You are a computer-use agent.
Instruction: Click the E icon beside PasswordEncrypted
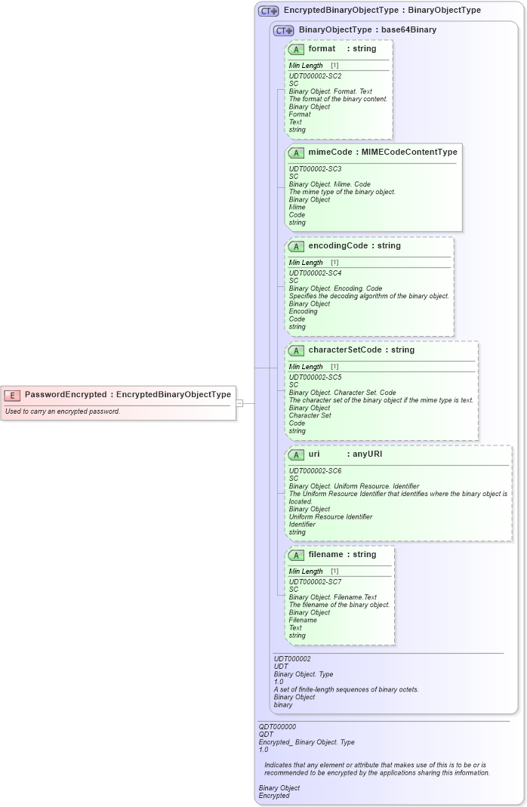click(x=12, y=394)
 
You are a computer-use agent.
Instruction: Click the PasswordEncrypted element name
click(x=65, y=394)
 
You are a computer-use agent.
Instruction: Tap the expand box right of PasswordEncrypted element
click(x=239, y=403)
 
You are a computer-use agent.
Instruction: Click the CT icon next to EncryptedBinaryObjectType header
click(x=268, y=11)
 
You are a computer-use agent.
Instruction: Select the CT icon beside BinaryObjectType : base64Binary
click(x=283, y=30)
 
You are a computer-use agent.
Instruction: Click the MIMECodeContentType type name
click(x=409, y=152)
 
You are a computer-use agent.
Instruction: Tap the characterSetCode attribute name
click(x=345, y=350)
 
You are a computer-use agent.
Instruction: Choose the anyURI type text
click(x=368, y=454)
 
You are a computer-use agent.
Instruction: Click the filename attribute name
click(x=325, y=554)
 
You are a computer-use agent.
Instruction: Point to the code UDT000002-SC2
click(x=315, y=76)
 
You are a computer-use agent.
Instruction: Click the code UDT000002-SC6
click(x=315, y=470)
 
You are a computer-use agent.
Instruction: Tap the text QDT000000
click(x=277, y=726)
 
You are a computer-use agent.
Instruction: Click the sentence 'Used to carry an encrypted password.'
click(x=63, y=411)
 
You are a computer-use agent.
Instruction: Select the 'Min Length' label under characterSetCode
click(x=306, y=367)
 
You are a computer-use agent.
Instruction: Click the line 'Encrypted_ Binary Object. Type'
click(x=307, y=742)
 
